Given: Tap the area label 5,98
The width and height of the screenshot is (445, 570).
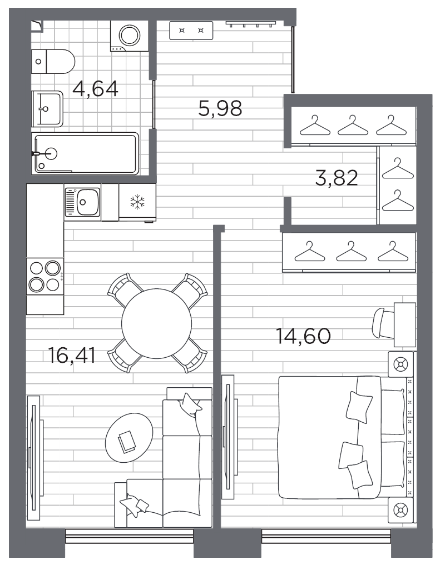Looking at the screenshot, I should pyautogui.click(x=220, y=108).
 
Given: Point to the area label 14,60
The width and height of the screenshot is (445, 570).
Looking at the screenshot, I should pyautogui.click(x=303, y=336).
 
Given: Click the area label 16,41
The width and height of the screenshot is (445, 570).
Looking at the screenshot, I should pyautogui.click(x=72, y=355).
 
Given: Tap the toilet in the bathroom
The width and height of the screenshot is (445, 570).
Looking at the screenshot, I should pyautogui.click(x=53, y=61).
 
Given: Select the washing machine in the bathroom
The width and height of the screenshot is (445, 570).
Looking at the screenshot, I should pyautogui.click(x=127, y=37).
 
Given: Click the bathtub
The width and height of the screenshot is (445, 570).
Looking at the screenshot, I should pyautogui.click(x=85, y=154).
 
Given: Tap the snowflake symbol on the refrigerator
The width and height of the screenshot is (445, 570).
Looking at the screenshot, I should pyautogui.click(x=137, y=202).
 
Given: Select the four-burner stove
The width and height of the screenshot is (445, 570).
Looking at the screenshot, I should pyautogui.click(x=45, y=276).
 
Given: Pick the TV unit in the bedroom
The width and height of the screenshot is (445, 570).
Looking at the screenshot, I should pyautogui.click(x=227, y=437).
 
